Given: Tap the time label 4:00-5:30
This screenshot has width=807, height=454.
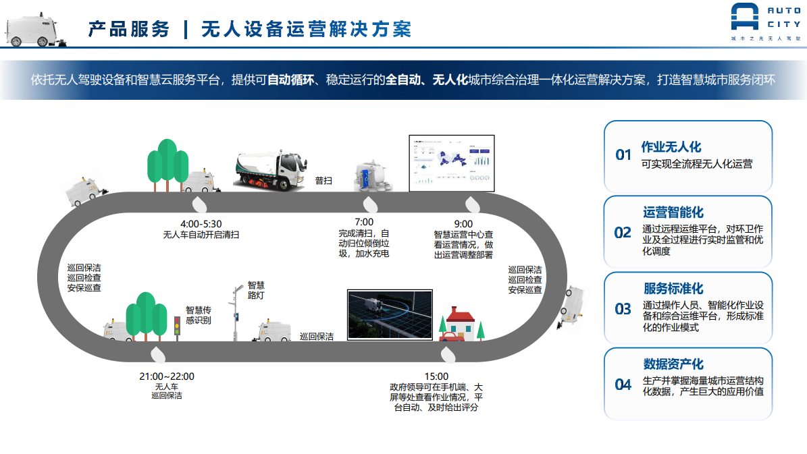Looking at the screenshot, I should [x=201, y=223].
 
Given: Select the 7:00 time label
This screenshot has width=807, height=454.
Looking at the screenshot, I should [x=364, y=222].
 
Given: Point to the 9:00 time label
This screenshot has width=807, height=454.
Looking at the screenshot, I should [x=463, y=224].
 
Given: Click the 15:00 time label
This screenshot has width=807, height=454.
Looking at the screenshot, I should [x=436, y=376].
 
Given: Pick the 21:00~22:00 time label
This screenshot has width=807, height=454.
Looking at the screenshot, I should [x=166, y=376].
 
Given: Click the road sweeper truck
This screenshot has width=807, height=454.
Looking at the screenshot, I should [x=269, y=169].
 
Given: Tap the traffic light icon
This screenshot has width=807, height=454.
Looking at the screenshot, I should [x=178, y=329].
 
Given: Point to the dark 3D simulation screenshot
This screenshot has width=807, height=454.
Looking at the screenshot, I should [x=388, y=314].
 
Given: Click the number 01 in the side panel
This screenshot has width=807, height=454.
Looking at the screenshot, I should [x=623, y=155].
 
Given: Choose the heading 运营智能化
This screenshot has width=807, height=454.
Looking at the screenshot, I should [x=673, y=212].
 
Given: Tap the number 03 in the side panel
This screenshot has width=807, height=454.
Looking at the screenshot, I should [x=623, y=309].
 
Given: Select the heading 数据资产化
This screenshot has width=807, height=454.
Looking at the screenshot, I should [x=673, y=364].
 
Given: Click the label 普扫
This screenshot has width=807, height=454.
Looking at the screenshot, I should [x=323, y=181].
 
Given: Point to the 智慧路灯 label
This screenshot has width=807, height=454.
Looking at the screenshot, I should [x=255, y=290].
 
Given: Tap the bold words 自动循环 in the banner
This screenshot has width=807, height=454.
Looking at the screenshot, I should [x=290, y=80].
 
